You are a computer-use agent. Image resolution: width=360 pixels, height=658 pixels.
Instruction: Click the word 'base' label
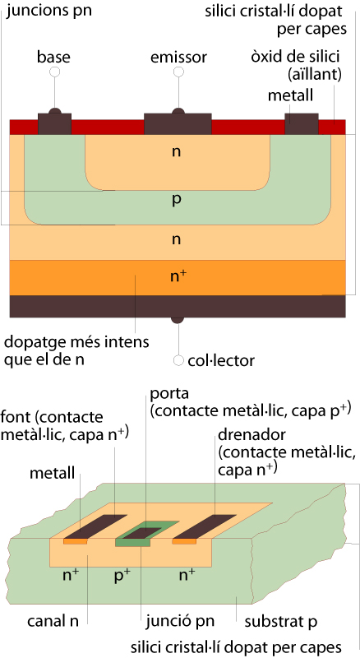click(53, 57)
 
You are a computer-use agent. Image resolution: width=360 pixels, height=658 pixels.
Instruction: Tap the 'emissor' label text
click(178, 57)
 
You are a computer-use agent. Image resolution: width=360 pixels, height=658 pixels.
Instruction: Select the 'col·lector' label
click(221, 360)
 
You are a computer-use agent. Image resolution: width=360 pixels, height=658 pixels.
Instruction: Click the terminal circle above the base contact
click(54, 72)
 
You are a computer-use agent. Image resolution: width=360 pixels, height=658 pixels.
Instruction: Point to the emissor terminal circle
click(178, 72)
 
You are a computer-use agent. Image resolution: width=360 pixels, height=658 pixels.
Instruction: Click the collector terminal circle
click(178, 360)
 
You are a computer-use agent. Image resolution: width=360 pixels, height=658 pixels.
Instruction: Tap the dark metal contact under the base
click(54, 123)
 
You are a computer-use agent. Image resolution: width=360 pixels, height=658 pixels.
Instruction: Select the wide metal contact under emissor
click(178, 123)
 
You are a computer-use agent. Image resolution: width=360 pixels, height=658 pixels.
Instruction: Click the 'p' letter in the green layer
click(177, 199)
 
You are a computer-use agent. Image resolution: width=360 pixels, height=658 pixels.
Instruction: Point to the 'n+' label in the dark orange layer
click(178, 276)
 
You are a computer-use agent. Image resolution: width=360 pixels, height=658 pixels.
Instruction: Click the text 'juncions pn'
click(49, 11)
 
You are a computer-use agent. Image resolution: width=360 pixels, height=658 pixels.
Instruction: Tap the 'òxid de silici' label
click(295, 57)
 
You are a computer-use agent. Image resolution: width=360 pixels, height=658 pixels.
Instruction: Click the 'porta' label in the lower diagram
click(170, 395)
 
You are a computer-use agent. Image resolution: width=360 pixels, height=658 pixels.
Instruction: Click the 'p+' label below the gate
click(122, 575)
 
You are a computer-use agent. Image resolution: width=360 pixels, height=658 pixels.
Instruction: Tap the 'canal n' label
click(53, 621)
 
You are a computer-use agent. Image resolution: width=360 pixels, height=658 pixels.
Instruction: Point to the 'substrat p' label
click(281, 622)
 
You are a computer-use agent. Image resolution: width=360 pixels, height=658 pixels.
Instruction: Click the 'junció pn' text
click(180, 622)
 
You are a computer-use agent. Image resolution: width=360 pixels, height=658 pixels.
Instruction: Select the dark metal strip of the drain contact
click(205, 526)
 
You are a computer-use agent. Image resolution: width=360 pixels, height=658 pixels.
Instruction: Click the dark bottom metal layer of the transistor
click(178, 306)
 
